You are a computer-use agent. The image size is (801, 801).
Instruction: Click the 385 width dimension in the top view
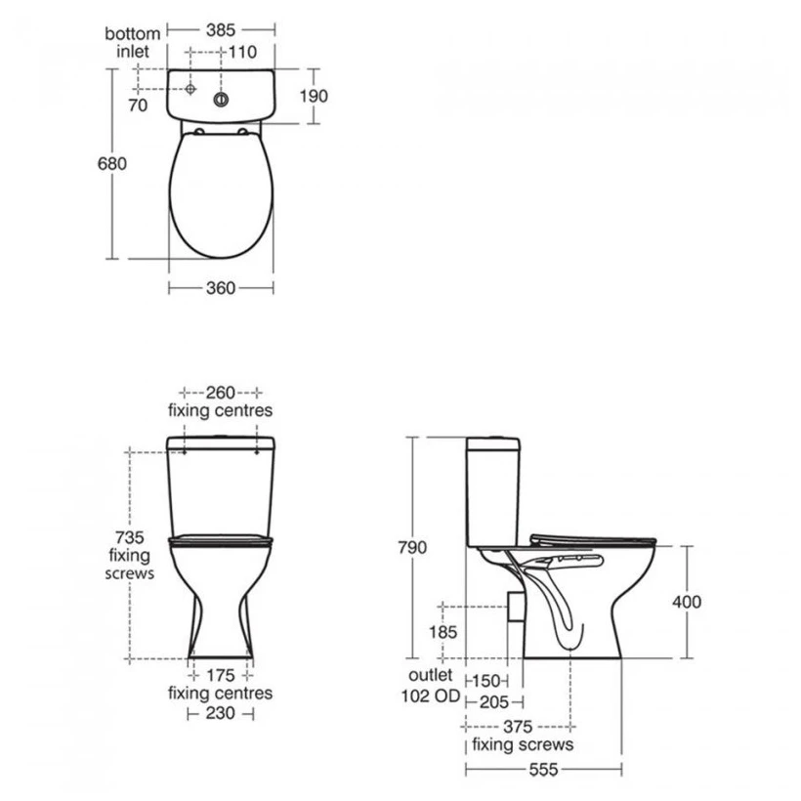tap(221, 30)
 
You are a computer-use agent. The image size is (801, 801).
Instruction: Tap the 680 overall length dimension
tap(112, 163)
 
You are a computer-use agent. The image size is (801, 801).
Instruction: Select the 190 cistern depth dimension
tap(314, 96)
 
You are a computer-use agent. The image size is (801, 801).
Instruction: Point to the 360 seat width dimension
tap(221, 288)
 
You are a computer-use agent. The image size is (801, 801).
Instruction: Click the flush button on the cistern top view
tap(221, 100)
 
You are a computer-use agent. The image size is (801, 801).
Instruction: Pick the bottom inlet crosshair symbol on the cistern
tap(190, 89)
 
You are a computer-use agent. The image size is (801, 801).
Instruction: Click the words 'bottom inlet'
tap(132, 42)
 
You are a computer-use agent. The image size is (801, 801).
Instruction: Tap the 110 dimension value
tap(242, 52)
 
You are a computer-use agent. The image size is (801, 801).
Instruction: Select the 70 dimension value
tap(138, 105)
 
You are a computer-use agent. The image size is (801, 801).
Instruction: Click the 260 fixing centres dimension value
tap(221, 393)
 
